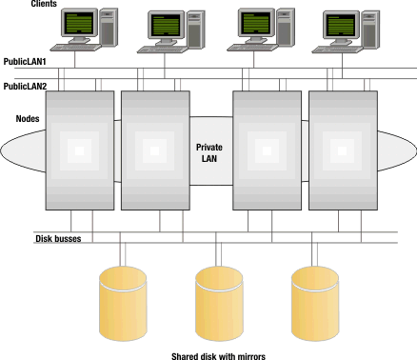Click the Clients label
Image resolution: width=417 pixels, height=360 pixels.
(x=18, y=5)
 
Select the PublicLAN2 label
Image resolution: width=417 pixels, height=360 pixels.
(x=26, y=85)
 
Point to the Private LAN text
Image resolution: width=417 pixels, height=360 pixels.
(x=208, y=152)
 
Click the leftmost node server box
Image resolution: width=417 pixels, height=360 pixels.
(x=79, y=150)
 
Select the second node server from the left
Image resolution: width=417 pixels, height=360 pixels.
(x=152, y=150)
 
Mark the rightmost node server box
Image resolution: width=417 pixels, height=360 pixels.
(x=339, y=150)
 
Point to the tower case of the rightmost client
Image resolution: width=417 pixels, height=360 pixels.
(x=375, y=30)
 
